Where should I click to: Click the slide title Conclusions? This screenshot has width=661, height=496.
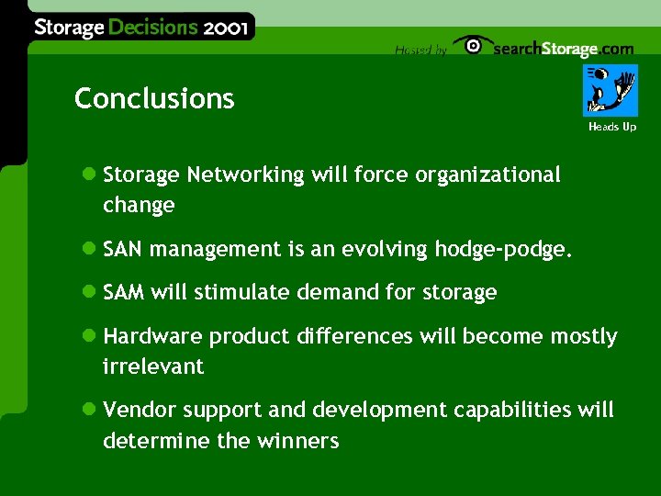click(154, 98)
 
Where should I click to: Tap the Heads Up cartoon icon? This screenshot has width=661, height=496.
click(611, 90)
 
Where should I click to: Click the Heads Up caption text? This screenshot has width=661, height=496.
click(611, 127)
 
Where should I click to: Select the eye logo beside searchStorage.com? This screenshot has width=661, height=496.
click(473, 46)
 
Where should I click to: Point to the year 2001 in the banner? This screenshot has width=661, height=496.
click(226, 27)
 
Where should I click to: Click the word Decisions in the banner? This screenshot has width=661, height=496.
click(152, 27)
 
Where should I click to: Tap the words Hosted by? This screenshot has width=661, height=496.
click(420, 51)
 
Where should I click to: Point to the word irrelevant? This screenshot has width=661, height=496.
click(153, 366)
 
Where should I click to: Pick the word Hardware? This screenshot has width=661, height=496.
click(152, 337)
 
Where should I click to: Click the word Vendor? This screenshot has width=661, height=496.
click(136, 410)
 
